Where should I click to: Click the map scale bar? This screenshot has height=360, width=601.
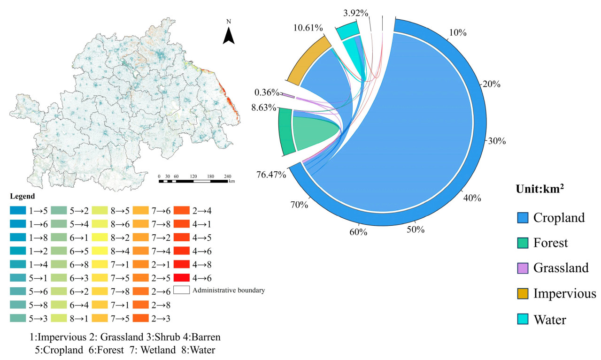194,180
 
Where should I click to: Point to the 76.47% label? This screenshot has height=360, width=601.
271,175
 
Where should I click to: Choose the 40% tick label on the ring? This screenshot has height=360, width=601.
472,198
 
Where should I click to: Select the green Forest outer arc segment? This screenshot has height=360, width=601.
285,131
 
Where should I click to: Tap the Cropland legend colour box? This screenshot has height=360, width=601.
523,217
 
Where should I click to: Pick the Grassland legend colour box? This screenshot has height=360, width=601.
523,268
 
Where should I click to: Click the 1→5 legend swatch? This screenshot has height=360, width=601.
18,210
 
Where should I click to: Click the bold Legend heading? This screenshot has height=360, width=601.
22,196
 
